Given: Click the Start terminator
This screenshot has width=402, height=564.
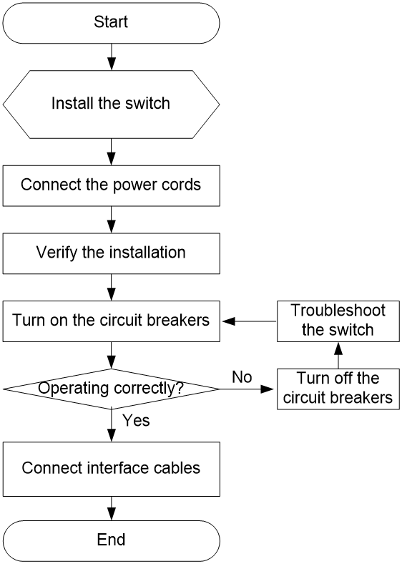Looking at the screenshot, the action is (x=111, y=23).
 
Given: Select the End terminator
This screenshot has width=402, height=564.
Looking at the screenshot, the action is (x=111, y=540).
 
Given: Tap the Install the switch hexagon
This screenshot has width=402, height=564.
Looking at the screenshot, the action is (x=111, y=104).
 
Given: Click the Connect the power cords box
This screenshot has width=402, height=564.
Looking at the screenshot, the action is (x=111, y=186).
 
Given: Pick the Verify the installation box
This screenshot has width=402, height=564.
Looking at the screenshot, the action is (x=111, y=253).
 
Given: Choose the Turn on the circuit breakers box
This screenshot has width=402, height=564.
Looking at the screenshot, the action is (x=111, y=321).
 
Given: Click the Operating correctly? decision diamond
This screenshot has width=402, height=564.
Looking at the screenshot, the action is (x=111, y=389).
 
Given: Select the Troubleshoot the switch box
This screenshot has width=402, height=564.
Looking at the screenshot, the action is (x=338, y=321).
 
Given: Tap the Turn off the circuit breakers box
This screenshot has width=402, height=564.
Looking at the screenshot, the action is (x=338, y=389).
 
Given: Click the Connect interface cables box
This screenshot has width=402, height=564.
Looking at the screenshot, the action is (x=111, y=469).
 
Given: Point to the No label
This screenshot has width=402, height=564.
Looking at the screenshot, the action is (x=242, y=377).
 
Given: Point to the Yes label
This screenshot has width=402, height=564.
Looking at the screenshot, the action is (x=136, y=420).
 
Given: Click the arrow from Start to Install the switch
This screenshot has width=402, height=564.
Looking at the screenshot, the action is (x=112, y=57).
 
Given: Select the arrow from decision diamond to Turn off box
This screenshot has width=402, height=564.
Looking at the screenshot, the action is (x=247, y=389).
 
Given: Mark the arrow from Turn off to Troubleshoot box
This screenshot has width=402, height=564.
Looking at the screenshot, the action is (x=338, y=356).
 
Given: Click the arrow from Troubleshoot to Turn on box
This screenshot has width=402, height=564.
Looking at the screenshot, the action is (x=250, y=321).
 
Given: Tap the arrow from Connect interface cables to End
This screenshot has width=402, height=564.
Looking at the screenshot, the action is (x=112, y=508).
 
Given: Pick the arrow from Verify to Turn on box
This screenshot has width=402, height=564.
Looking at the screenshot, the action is (x=112, y=287).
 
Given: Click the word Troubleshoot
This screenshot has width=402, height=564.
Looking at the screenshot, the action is (x=338, y=311).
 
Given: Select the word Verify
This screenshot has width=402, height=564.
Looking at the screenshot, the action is (x=57, y=252).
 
